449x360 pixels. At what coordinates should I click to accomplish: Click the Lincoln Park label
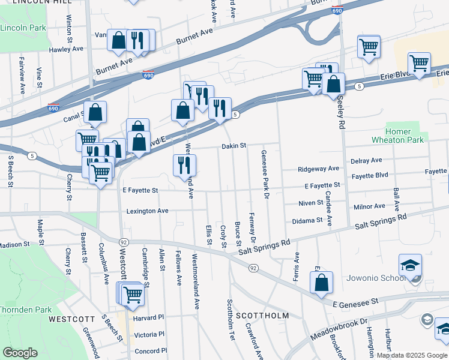[23, 28]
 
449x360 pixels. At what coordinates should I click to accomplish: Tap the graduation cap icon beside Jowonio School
[411, 265]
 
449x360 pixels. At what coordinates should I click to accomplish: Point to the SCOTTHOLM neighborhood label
[262, 315]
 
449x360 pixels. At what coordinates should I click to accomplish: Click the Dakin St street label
[234, 145]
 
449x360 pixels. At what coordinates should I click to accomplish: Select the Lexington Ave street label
[147, 211]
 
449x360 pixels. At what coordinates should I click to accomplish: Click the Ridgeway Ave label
[319, 169]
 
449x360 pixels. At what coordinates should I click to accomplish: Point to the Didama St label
[307, 221]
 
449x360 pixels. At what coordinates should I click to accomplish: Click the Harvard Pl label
[149, 317]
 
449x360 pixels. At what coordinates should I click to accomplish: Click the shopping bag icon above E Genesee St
[322, 283]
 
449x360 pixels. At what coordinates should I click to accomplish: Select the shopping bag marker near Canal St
[95, 112]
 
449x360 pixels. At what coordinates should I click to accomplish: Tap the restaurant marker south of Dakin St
[184, 165]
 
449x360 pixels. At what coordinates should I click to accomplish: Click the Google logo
[20, 353]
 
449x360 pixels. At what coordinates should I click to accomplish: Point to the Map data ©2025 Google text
[411, 355]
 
